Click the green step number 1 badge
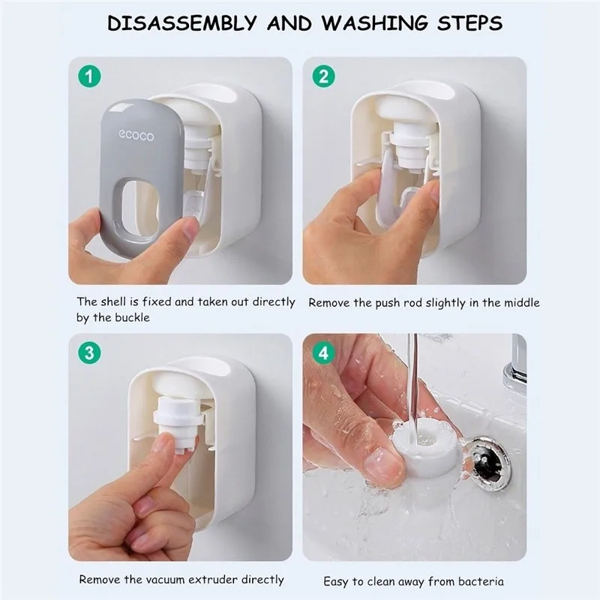click(x=89, y=76)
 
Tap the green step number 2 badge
click(x=324, y=76)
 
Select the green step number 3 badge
click(x=89, y=352)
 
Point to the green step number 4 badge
click(x=324, y=352)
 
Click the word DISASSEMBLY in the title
click(x=182, y=23)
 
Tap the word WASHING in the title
click(x=374, y=23)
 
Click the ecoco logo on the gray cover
click(x=136, y=136)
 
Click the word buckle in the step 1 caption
click(x=130, y=317)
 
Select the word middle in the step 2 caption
click(x=521, y=303)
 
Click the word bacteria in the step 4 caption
click(x=481, y=582)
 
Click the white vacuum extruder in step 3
click(x=177, y=421)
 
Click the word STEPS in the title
click(x=470, y=23)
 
